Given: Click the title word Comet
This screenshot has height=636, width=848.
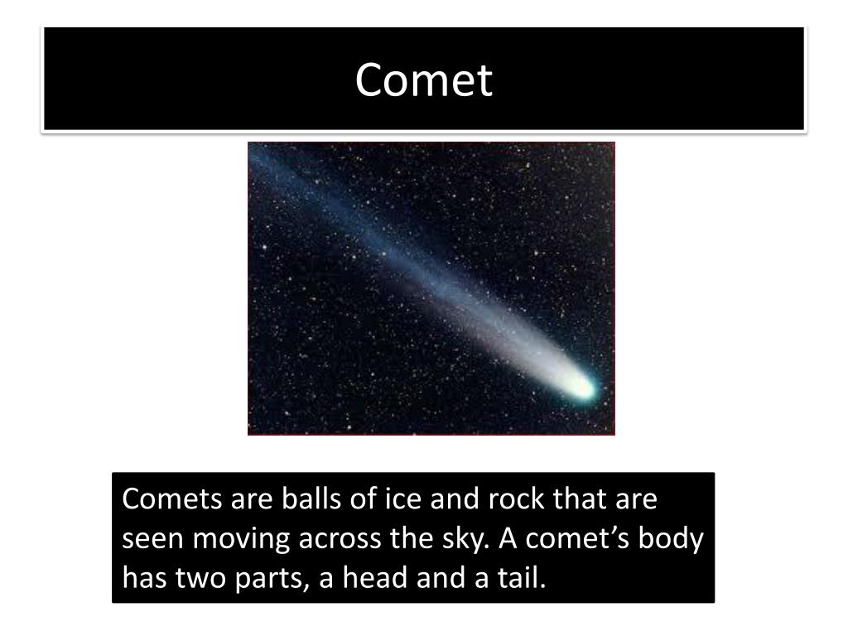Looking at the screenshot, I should click(x=424, y=80).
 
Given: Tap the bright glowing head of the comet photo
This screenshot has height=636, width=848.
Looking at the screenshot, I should click(x=582, y=386).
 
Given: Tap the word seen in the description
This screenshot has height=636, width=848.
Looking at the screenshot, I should click(x=154, y=538).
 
